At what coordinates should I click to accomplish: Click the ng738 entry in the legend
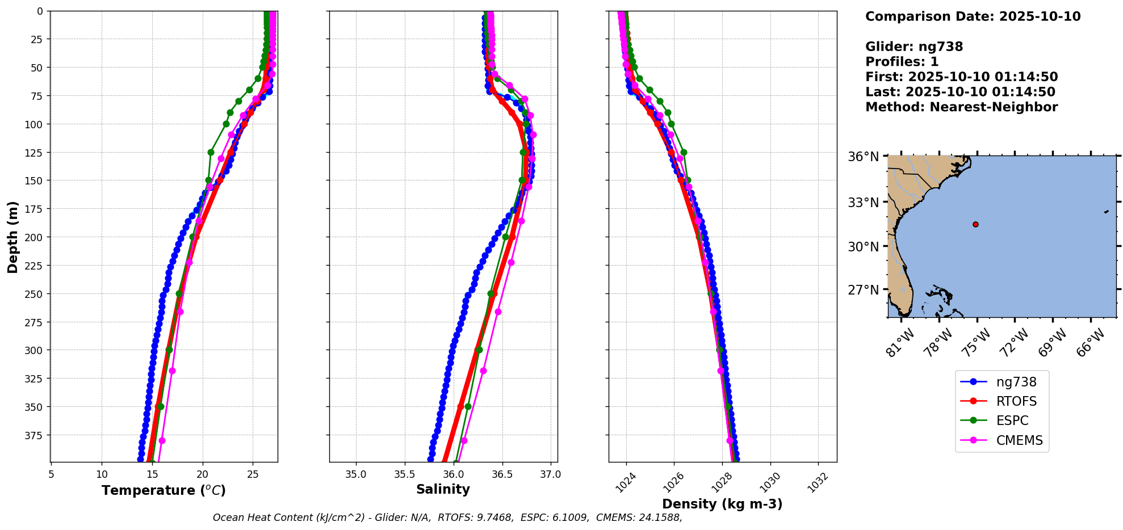[x=1016, y=382]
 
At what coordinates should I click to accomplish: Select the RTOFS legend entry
[x=1016, y=401]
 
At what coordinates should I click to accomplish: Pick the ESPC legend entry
[x=1012, y=420]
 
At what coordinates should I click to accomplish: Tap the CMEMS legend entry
[x=1019, y=440]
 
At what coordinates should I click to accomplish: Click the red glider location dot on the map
[x=975, y=224]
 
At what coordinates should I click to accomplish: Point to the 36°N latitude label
[x=863, y=157]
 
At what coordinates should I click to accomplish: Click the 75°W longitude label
[x=977, y=343]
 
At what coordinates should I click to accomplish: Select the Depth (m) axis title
[x=12, y=237]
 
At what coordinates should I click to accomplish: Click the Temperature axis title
[x=164, y=490]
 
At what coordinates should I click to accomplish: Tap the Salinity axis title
[x=443, y=489]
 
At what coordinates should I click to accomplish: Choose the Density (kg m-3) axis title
[x=722, y=504]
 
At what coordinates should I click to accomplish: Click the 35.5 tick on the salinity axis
[x=404, y=474]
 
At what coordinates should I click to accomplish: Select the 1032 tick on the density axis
[x=818, y=483]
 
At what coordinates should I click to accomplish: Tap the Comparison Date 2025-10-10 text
[x=973, y=16]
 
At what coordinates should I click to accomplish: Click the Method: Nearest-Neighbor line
[x=961, y=107]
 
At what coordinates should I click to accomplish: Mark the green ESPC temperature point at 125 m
[x=211, y=152]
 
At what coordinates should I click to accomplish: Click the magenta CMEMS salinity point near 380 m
[x=464, y=440]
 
